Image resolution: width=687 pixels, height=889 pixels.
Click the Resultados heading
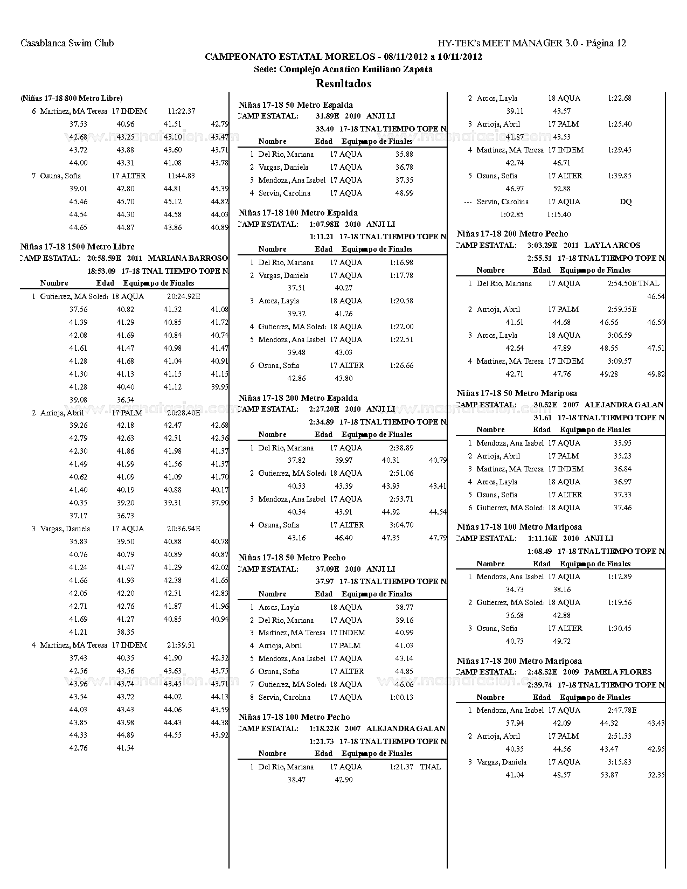[x=343, y=84]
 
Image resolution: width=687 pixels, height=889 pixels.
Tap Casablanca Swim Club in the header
[x=67, y=43]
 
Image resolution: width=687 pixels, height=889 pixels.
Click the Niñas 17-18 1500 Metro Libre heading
[x=78, y=247]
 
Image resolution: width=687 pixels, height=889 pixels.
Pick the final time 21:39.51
[x=181, y=645]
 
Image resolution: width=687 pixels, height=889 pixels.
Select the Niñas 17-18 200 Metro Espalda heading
[x=298, y=398]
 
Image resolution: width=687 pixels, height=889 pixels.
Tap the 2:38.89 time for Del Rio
[x=401, y=448]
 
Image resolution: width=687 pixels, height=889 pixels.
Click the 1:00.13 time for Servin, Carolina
[x=401, y=697]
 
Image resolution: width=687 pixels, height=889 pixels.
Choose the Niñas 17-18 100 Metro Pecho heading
[x=294, y=717]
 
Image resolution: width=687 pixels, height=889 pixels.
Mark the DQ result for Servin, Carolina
[x=626, y=202]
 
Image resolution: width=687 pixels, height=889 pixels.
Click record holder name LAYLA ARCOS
[x=612, y=245]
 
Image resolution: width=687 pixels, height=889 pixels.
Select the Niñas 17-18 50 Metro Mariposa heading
[x=517, y=393]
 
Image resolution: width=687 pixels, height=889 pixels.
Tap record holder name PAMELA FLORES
[x=618, y=672]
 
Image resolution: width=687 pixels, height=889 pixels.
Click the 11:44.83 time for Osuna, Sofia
[x=181, y=176]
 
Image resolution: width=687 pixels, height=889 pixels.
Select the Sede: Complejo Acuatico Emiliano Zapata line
[x=343, y=69]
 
